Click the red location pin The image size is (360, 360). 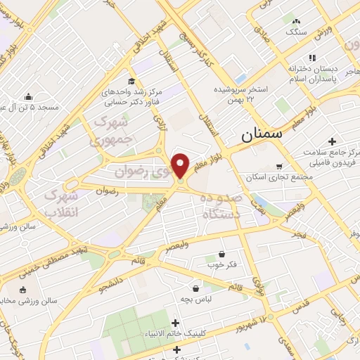click(x=181, y=165)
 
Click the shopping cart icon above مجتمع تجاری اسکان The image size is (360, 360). click(x=280, y=167)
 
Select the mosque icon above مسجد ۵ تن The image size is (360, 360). click(x=28, y=97)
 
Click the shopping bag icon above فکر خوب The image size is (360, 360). click(x=221, y=254)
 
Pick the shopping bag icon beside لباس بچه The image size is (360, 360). click(x=195, y=288)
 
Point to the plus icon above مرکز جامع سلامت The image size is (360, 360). click(x=332, y=141)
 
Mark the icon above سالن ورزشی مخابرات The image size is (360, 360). click(x=22, y=290)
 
